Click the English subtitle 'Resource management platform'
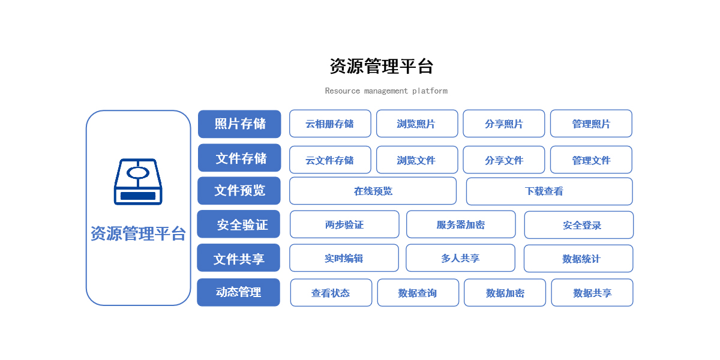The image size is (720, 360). pyautogui.click(x=386, y=91)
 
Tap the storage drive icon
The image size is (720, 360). pyautogui.click(x=138, y=182)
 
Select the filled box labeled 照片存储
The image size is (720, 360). pyautogui.click(x=239, y=124)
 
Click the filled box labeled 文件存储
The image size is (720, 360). pyautogui.click(x=239, y=158)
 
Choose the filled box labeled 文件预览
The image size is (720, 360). pyautogui.click(x=239, y=191)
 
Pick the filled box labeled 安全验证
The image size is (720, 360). pyautogui.click(x=239, y=224)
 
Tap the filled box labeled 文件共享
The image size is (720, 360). pyautogui.click(x=239, y=258)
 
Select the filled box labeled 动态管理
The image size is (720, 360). pyautogui.click(x=239, y=293)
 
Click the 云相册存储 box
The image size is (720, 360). pyautogui.click(x=330, y=124)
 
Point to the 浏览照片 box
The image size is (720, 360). pyautogui.click(x=417, y=124)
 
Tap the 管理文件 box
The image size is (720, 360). pyautogui.click(x=591, y=160)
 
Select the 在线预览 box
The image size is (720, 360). pyautogui.click(x=373, y=191)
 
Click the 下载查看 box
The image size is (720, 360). pyautogui.click(x=550, y=191)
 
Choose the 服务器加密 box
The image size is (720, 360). pyautogui.click(x=461, y=224)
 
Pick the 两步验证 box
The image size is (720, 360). pyautogui.click(x=344, y=224)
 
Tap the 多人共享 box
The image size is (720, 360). pyautogui.click(x=461, y=258)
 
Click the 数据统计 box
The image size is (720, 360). pyautogui.click(x=578, y=259)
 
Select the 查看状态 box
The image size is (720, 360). pyautogui.click(x=331, y=293)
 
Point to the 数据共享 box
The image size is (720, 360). pyautogui.click(x=592, y=293)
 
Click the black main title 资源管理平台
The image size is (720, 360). pyautogui.click(x=382, y=66)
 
